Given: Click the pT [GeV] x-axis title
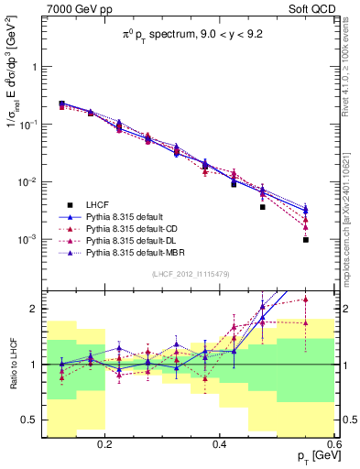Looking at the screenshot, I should [311, 457].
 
